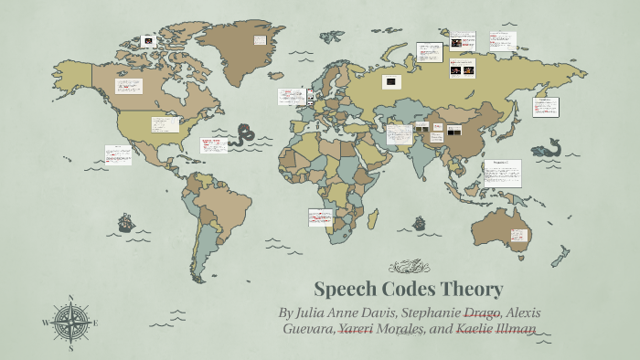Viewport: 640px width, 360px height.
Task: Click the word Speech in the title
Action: (343, 290)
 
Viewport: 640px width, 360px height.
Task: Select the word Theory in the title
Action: (471, 290)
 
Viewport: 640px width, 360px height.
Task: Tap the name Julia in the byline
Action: (313, 312)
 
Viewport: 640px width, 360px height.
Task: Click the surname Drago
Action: (483, 312)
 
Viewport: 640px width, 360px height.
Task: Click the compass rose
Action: (69, 323)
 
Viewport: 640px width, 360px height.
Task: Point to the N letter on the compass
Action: (70, 298)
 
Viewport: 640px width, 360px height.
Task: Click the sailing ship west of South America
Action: (125, 223)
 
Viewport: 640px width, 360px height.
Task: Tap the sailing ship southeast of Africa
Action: (420, 223)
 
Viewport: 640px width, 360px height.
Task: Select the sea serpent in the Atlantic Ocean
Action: (242, 136)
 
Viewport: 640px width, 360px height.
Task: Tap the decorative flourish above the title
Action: (409, 267)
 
